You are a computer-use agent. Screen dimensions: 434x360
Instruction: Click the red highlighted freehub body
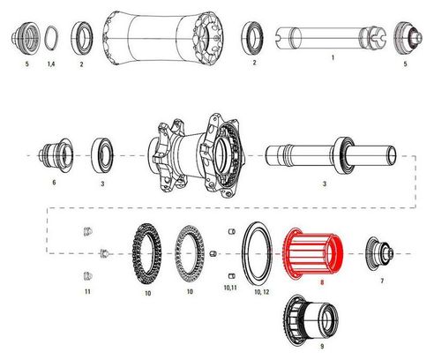click(x=313, y=253)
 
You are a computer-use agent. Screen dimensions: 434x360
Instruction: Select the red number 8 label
click(x=322, y=282)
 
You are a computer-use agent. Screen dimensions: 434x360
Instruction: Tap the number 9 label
click(x=322, y=347)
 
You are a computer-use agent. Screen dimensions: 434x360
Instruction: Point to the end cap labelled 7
click(x=379, y=254)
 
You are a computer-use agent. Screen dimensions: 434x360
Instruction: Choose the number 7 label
click(x=382, y=281)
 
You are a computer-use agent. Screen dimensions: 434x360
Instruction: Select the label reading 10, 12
click(x=262, y=292)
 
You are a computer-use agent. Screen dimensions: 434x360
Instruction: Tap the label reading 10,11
click(x=230, y=288)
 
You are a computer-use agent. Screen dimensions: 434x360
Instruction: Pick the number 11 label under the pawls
click(x=87, y=291)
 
